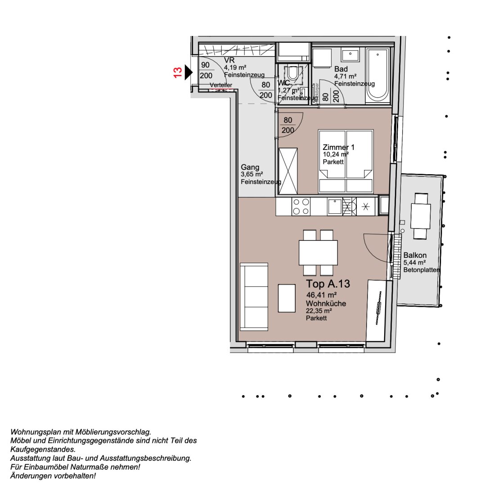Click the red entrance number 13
pyautogui.click(x=178, y=72)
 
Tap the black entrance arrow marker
pyautogui.click(x=189, y=72)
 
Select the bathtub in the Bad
pyautogui.click(x=377, y=76)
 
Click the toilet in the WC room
pyautogui.click(x=293, y=74)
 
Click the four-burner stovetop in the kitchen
pyautogui.click(x=301, y=207)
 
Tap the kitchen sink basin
pyautogui.click(x=334, y=207)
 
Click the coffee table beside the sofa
pyautogui.click(x=287, y=298)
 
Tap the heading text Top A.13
pyautogui.click(x=328, y=284)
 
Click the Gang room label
pyautogui.click(x=250, y=167)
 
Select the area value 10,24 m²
pyautogui.click(x=336, y=154)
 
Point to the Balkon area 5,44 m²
pyautogui.click(x=414, y=263)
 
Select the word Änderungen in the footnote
pyautogui.click(x=30, y=476)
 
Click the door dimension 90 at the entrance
pyautogui.click(x=205, y=65)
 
